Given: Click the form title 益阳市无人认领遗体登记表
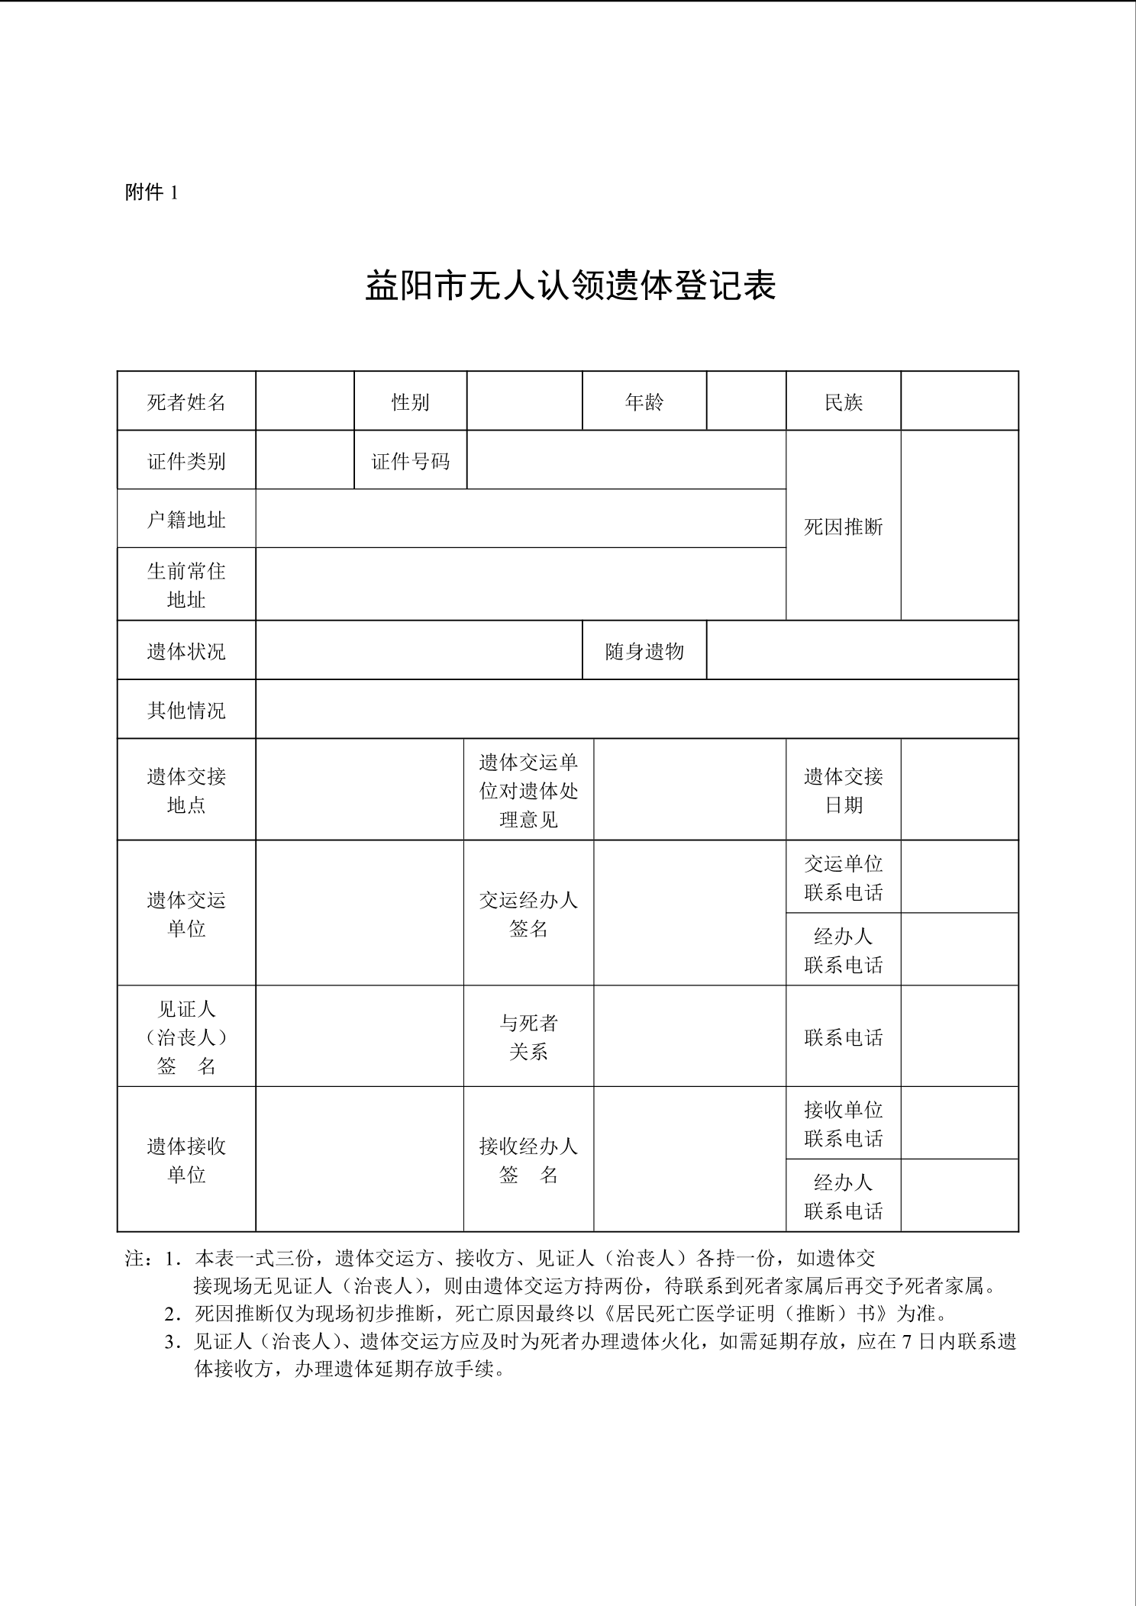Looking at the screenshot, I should [x=570, y=285].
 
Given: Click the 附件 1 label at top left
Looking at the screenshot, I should [x=151, y=193].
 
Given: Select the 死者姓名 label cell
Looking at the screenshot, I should [x=186, y=401].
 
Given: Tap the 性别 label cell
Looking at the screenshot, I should [x=410, y=401].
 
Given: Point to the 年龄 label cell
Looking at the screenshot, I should [x=644, y=401].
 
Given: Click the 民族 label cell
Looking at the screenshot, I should [x=843, y=401].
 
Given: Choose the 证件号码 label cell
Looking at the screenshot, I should [x=410, y=460].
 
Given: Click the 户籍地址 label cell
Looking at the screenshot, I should [x=186, y=519].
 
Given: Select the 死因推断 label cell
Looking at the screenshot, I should [x=843, y=526].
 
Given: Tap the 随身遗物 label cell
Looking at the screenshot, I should [x=644, y=651].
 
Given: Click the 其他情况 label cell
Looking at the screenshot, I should [x=186, y=710].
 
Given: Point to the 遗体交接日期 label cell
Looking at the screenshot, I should [x=843, y=790].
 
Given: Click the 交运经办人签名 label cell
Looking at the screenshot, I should [x=528, y=914].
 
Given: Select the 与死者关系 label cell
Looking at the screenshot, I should [x=528, y=1037].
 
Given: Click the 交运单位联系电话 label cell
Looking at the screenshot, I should [x=843, y=877].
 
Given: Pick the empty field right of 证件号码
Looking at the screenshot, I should [x=626, y=460].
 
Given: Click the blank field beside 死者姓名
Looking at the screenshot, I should [x=305, y=401].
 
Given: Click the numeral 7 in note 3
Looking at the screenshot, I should [x=908, y=1341].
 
